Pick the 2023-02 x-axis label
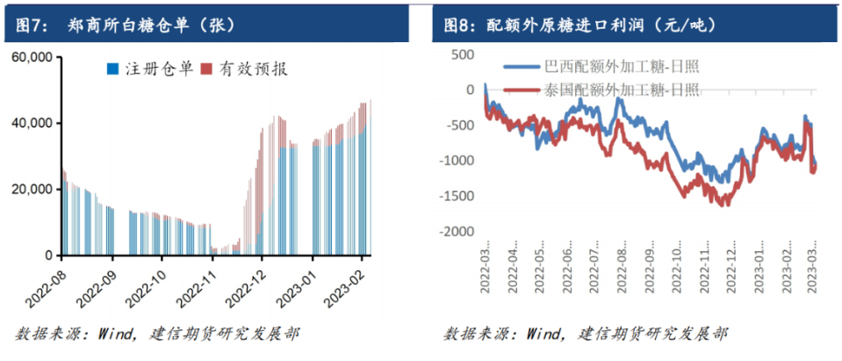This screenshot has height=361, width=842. (x=347, y=286)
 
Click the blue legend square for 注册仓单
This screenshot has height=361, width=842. (x=112, y=69)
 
